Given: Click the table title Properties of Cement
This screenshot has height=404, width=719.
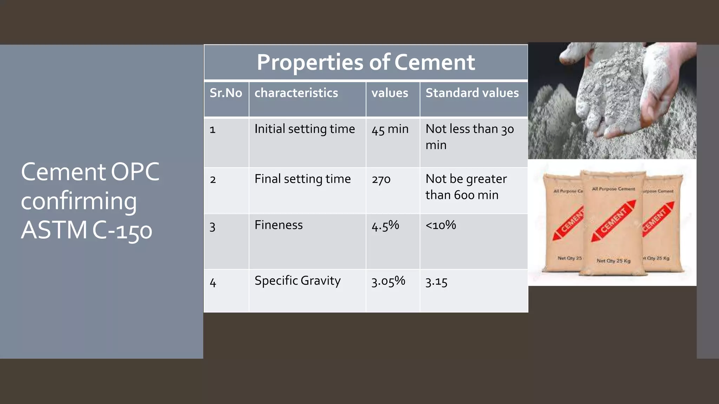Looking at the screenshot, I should (x=365, y=62).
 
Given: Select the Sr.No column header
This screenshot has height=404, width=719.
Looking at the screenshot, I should (x=226, y=93).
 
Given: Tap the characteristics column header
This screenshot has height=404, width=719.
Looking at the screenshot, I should (x=296, y=93).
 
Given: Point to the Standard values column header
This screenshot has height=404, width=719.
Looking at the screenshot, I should (x=472, y=93).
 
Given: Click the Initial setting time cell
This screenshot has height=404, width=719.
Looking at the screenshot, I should (x=304, y=129).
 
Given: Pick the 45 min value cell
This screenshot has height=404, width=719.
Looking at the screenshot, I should (x=390, y=129).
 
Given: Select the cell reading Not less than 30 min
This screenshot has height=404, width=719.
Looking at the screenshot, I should (x=469, y=137).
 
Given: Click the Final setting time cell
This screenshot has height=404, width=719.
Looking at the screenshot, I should (x=302, y=179).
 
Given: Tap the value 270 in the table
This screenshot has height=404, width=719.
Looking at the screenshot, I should (x=381, y=180).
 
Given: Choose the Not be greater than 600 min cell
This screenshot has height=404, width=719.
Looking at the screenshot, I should (x=466, y=187).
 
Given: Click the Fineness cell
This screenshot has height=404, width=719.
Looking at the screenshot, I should (x=278, y=225).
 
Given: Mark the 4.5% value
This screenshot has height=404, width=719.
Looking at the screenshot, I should (x=385, y=225).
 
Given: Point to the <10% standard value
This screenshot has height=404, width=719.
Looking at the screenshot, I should (x=441, y=225).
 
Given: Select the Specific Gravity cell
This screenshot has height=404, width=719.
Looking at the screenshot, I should (x=297, y=281).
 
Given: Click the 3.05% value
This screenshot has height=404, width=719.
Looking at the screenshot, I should (x=388, y=281).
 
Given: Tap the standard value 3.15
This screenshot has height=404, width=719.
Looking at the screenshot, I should (x=436, y=282).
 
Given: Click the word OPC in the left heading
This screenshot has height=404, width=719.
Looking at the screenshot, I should (x=135, y=172).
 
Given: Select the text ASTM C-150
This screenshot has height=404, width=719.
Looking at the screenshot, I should (x=86, y=230).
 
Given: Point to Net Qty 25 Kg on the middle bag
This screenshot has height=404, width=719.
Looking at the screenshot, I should (x=613, y=261).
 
